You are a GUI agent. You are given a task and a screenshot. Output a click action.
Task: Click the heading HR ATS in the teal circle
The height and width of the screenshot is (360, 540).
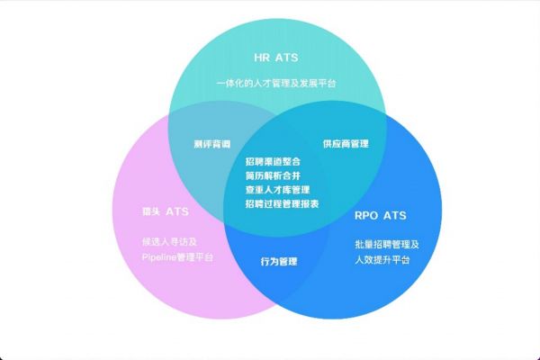(276, 58)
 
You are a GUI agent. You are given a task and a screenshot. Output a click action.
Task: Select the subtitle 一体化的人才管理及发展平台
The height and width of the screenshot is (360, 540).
(276, 84)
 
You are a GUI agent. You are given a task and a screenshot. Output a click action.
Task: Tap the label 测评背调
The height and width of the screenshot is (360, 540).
(212, 144)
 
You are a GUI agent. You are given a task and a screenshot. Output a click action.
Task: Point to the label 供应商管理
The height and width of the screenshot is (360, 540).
(346, 144)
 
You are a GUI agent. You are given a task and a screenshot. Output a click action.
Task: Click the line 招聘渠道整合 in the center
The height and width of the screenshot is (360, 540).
(273, 162)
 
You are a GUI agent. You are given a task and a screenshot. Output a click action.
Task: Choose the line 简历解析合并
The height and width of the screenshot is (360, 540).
(273, 175)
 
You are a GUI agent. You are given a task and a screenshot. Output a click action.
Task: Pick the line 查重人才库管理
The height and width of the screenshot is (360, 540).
(277, 190)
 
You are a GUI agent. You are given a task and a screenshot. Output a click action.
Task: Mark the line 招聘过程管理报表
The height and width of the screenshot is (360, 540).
(282, 204)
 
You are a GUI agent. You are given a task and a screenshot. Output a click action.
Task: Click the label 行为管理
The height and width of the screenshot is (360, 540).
(279, 262)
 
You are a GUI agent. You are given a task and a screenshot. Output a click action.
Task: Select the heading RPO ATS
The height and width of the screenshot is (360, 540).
(381, 216)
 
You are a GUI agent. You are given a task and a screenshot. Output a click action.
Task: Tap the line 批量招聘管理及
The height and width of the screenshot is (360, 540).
(387, 244)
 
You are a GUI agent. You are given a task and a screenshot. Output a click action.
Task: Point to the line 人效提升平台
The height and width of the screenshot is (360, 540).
(382, 259)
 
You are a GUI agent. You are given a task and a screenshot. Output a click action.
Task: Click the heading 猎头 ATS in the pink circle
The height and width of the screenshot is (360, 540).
(166, 211)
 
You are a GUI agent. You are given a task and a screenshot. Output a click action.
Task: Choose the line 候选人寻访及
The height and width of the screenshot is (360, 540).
(170, 242)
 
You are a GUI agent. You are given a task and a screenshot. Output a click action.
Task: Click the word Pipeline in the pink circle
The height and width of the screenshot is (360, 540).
(159, 257)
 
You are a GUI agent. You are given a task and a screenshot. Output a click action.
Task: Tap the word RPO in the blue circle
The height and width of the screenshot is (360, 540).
(366, 216)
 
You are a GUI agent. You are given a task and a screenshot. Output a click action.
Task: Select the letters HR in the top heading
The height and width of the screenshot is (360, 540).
(262, 58)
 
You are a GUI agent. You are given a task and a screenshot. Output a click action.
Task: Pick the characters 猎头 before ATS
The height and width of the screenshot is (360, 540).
(151, 211)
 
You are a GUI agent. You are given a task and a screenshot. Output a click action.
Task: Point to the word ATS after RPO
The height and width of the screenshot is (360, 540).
(395, 216)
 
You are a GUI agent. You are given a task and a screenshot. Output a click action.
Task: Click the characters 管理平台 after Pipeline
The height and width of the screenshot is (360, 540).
(195, 257)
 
